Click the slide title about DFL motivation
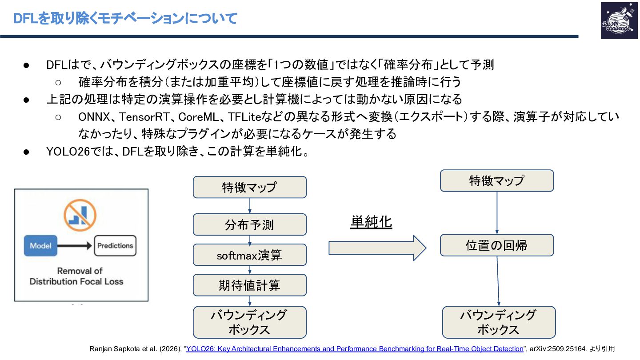(125, 19)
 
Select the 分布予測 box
(249, 224)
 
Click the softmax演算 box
(249, 255)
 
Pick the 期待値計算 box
(249, 285)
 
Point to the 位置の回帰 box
(496, 245)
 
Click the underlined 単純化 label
(371, 222)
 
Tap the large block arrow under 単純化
(377, 248)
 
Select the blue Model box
(40, 245)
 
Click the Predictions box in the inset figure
(115, 245)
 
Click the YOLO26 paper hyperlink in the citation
(354, 349)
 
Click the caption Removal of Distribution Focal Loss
(76, 276)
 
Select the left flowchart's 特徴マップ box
(249, 187)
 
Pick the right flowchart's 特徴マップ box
(496, 180)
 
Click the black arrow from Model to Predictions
(76, 245)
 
